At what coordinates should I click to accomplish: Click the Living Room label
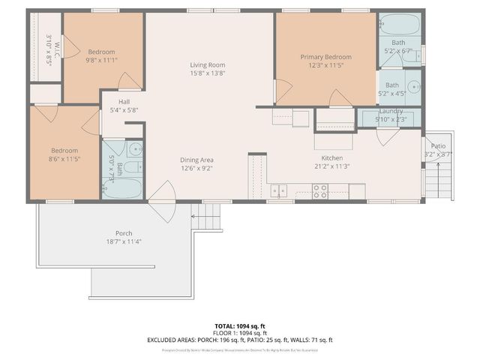click(x=208, y=65)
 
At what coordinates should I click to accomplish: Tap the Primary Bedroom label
click(x=326, y=57)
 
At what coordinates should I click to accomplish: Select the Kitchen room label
click(x=332, y=158)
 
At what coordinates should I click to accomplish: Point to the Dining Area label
click(x=196, y=160)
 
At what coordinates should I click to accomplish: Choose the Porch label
click(x=124, y=233)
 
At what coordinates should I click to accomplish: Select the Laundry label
click(x=391, y=111)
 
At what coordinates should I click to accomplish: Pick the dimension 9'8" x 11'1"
click(x=101, y=59)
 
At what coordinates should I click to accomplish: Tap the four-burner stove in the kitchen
click(x=320, y=192)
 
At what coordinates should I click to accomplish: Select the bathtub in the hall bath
click(x=122, y=187)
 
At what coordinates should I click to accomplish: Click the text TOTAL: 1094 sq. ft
click(x=240, y=326)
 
